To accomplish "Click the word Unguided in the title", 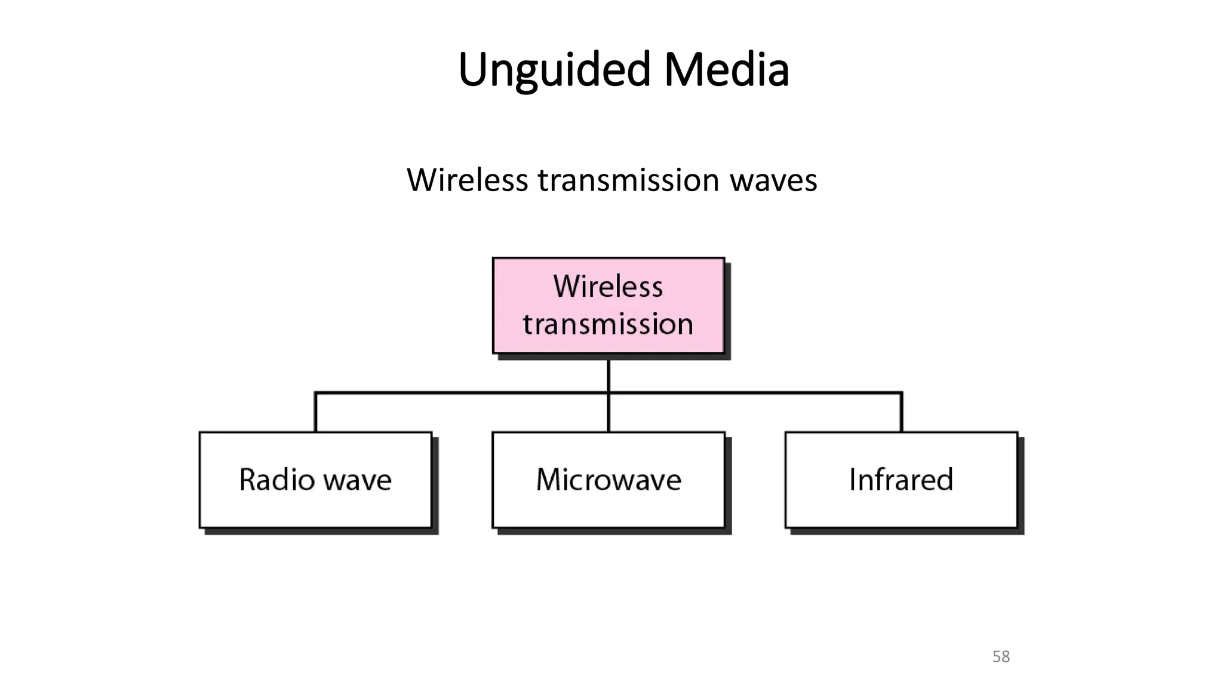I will point(554,70).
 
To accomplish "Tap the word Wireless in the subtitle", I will point(467,180).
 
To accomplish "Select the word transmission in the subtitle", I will point(628,180).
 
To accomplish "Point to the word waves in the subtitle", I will point(773,180).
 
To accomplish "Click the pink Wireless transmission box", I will point(608,305).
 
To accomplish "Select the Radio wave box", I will point(315,480).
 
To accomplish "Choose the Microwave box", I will point(608,480).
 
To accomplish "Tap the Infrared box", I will point(901,480).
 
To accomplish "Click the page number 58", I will point(1001,657).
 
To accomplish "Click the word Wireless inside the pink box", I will point(608,286).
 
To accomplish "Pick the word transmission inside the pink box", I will point(608,324).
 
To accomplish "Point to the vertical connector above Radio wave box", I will point(315,412).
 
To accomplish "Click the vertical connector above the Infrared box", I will point(901,412).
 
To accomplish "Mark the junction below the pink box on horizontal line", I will point(608,393).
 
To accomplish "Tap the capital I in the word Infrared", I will point(853,480).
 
